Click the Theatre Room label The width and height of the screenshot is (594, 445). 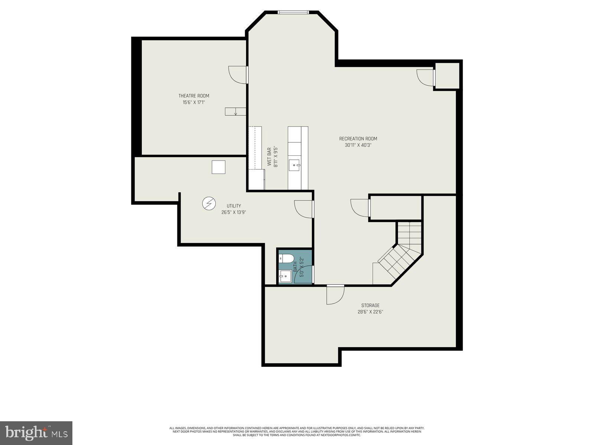coord(194,96)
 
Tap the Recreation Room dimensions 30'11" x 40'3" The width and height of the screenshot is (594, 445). coord(358,145)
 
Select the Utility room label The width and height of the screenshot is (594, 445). coord(234,206)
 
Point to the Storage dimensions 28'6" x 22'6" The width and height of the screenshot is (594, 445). coord(368,312)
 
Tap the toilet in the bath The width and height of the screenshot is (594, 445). coord(286,258)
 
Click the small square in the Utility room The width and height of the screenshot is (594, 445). coord(219,167)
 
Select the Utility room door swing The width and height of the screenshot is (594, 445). coord(304,209)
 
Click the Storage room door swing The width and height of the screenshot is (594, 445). coord(335,295)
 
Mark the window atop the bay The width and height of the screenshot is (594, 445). coord(293,12)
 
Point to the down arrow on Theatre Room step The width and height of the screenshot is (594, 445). coord(235,112)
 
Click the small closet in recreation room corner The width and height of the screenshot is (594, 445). coord(447,76)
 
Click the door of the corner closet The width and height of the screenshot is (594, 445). coord(425,78)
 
